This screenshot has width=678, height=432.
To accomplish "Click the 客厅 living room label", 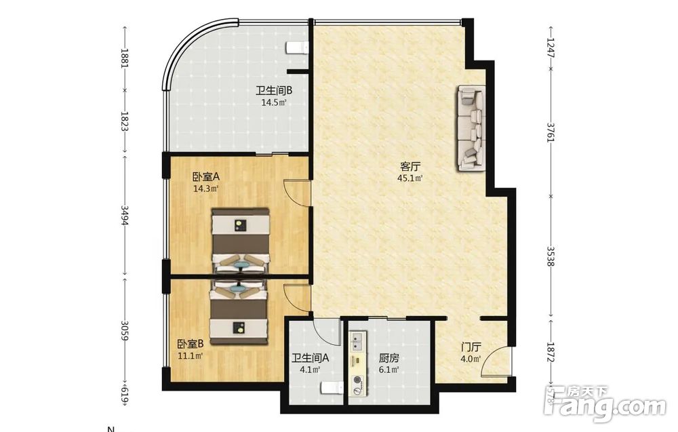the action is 410,166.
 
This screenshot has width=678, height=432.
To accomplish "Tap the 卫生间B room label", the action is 274,91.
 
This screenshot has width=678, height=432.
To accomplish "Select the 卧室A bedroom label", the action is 206,177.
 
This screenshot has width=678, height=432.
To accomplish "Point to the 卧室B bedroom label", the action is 191,345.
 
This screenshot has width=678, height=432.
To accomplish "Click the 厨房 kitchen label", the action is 388,358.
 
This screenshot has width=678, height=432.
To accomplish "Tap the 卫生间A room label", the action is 311,358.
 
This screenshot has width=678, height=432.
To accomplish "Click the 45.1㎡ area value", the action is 410,178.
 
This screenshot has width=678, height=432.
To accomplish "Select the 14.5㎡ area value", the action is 274,102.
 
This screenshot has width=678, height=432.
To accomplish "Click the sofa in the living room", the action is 471,129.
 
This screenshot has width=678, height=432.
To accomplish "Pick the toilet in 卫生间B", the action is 297,48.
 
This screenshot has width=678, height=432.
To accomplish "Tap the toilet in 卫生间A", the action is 332,389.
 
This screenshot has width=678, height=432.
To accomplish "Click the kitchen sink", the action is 357,340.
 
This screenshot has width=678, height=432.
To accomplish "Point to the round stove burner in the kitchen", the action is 357,380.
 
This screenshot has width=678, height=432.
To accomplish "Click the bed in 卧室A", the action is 241,241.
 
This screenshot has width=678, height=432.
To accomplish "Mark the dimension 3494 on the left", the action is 125,215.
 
